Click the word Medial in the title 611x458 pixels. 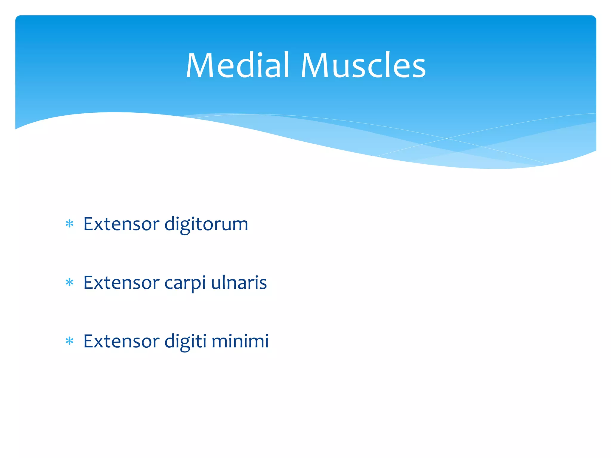click(x=237, y=66)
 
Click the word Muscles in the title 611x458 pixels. click(x=363, y=66)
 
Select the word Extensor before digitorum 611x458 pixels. click(x=121, y=224)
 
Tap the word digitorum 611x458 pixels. click(x=206, y=225)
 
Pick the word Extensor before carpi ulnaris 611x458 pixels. click(x=121, y=283)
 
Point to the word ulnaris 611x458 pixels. click(x=239, y=283)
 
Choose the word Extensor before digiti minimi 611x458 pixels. click(x=121, y=341)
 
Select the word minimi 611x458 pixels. click(x=240, y=341)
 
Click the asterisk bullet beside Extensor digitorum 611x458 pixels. click(x=70, y=224)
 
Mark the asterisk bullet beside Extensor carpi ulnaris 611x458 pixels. click(x=70, y=282)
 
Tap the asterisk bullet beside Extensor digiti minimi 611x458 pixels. click(x=70, y=341)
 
